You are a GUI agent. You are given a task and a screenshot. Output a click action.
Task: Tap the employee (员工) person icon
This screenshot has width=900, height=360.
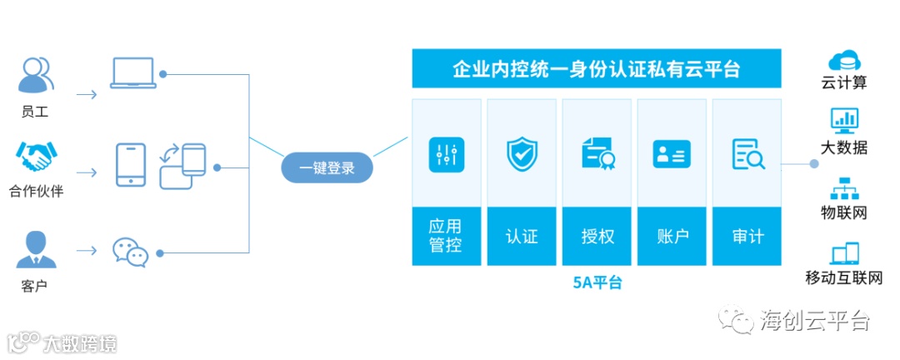35,76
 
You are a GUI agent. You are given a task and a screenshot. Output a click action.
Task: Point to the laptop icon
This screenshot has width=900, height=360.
132,73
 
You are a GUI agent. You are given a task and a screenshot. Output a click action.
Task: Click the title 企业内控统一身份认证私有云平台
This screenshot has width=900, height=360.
596,68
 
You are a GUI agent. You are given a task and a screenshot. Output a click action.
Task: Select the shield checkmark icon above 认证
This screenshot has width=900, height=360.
522,154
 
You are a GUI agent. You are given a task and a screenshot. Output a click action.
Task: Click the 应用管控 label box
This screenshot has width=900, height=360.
446,236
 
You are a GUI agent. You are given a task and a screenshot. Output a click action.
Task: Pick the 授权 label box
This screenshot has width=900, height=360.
597,236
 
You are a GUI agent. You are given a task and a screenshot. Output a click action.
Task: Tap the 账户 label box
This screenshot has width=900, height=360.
672,236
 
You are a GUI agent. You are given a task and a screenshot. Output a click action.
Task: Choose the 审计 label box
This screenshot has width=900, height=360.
747,236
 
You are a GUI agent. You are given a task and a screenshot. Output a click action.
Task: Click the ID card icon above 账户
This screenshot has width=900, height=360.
672,154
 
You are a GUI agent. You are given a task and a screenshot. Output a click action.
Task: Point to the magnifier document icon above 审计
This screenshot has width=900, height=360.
747,154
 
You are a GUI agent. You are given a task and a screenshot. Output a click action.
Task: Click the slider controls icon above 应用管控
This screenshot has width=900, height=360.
446,154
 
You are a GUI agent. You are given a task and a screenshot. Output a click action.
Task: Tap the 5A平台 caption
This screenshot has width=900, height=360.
597,282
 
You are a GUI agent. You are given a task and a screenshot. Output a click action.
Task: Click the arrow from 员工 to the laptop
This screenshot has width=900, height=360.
86,94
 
